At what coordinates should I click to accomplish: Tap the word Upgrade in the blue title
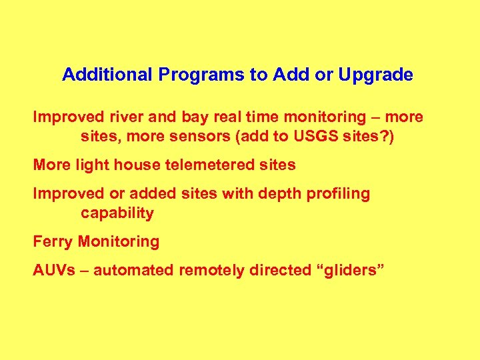pos(375,75)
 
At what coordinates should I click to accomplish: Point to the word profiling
pos(334,194)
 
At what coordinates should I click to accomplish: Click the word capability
pos(117,213)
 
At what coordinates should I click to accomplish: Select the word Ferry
pos(53,241)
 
